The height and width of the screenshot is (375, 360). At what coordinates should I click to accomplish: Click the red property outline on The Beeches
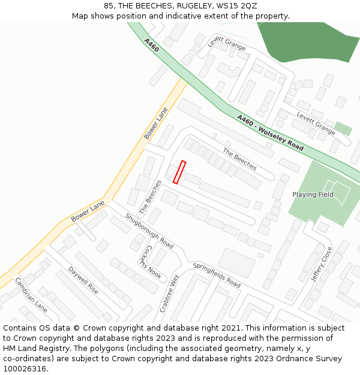pyautogui.click(x=179, y=172)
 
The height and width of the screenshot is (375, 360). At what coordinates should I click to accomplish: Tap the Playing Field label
pyautogui.click(x=313, y=194)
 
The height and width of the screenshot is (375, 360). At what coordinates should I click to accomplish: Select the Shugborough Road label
pyautogui.click(x=149, y=231)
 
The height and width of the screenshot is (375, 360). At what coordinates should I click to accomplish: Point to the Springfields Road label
pyautogui.click(x=216, y=275)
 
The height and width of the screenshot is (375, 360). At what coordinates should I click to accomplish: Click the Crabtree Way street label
pyautogui.click(x=169, y=293)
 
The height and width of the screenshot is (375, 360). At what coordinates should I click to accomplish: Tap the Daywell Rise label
pyautogui.click(x=83, y=280)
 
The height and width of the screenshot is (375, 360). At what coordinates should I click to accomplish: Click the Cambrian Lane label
pyautogui.click(x=31, y=294)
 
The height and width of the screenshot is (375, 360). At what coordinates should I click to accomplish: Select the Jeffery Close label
pyautogui.click(x=321, y=264)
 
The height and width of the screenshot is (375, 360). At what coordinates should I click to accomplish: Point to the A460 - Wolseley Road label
pyautogui.click(x=270, y=133)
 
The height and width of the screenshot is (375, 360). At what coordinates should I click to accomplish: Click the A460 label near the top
pyautogui.click(x=151, y=44)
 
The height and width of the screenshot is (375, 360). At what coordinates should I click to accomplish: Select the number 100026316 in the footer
pyautogui.click(x=26, y=369)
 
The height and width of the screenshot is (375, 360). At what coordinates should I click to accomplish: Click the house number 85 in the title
pyautogui.click(x=109, y=6)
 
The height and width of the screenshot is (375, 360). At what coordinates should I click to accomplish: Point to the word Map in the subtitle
pyautogui.click(x=81, y=16)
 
